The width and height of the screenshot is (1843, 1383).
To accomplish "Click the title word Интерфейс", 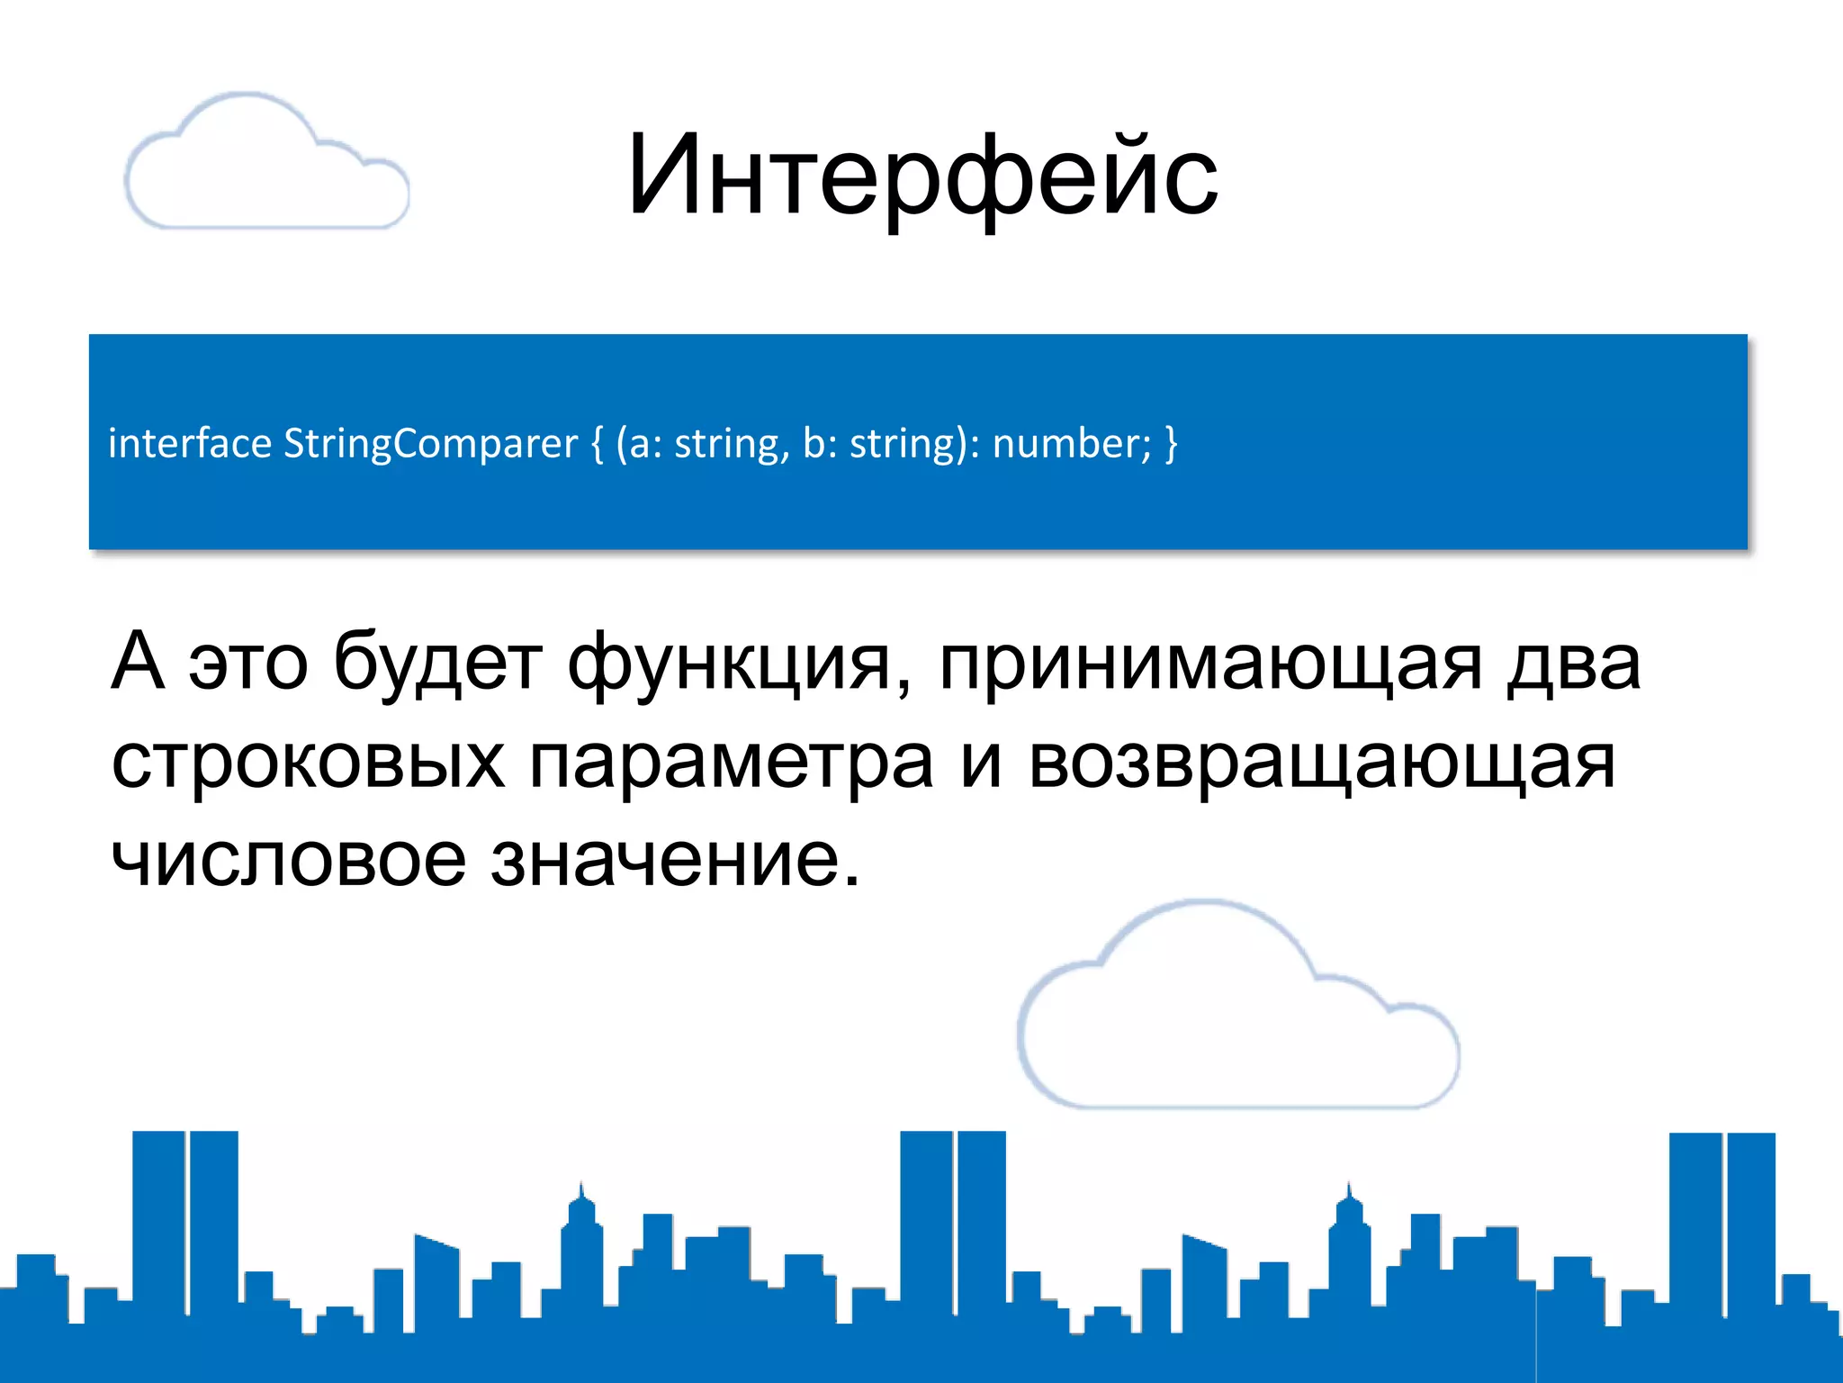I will tap(921, 176).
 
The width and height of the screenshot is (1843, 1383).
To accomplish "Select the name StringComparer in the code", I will tap(430, 443).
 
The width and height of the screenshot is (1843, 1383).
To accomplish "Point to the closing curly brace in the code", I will tap(1170, 444).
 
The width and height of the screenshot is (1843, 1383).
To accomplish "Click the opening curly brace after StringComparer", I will tap(598, 444).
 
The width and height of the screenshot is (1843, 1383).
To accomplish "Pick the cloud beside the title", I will tap(265, 162).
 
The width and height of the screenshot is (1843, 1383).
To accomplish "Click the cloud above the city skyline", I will tap(1237, 1008).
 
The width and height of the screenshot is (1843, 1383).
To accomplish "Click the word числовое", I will tap(288, 860).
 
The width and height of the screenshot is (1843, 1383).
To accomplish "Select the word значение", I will tap(675, 860).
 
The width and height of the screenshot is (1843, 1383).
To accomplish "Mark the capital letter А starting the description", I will tap(138, 662).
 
